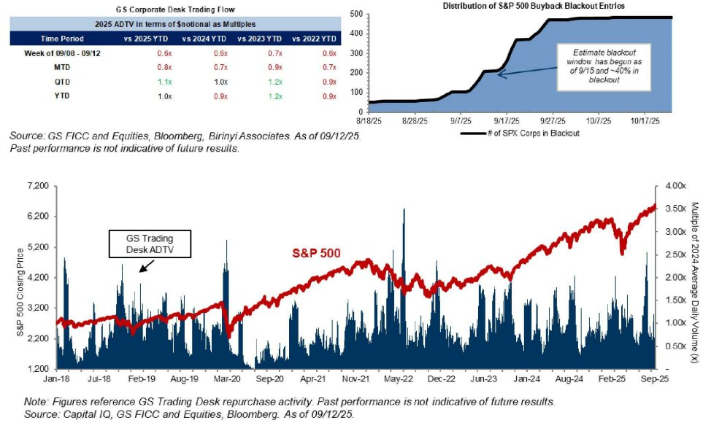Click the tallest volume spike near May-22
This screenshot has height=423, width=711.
tap(404, 211)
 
